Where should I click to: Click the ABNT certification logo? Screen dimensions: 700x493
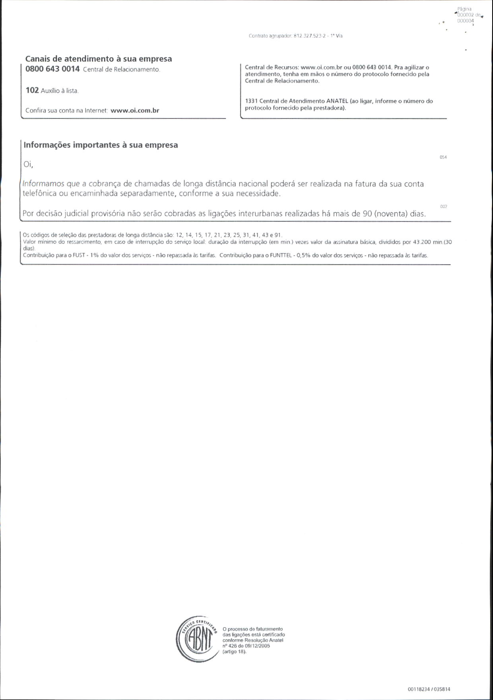pyautogui.click(x=197, y=639)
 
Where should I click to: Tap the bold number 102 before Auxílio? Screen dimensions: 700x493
pyautogui.click(x=32, y=90)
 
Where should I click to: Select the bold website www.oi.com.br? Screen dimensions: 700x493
pyautogui.click(x=135, y=111)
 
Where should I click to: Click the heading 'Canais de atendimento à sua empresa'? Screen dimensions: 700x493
pyautogui.click(x=99, y=58)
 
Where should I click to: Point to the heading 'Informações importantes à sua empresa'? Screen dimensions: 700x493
pyautogui.click(x=101, y=145)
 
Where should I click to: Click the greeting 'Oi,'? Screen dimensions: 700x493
pyautogui.click(x=28, y=164)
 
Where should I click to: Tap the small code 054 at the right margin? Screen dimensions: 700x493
pyautogui.click(x=443, y=157)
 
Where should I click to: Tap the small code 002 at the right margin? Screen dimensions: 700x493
pyautogui.click(x=443, y=207)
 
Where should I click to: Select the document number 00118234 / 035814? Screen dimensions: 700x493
pyautogui.click(x=429, y=689)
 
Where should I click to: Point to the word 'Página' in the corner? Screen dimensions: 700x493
pyautogui.click(x=464, y=9)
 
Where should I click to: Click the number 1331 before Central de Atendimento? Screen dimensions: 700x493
pyautogui.click(x=251, y=101)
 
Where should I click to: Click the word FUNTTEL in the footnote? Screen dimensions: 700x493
pyautogui.click(x=281, y=256)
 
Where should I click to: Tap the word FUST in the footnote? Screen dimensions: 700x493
pyautogui.click(x=79, y=256)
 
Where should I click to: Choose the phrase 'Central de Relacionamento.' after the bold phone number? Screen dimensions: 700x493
pyautogui.click(x=121, y=70)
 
